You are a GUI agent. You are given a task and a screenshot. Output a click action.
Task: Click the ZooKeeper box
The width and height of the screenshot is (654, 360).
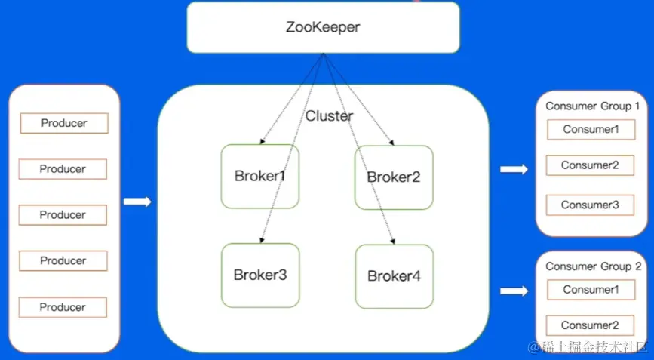point(323,27)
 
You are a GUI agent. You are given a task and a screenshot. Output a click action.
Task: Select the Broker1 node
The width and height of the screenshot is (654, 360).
point(259,177)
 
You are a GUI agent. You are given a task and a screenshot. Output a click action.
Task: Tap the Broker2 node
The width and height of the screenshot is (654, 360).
point(394,177)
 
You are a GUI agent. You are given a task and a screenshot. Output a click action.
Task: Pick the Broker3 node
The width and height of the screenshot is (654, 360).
point(259,275)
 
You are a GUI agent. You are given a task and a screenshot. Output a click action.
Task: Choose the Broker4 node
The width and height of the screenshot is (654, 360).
point(394,276)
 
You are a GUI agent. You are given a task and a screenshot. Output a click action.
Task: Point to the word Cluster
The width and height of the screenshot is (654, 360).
point(329,116)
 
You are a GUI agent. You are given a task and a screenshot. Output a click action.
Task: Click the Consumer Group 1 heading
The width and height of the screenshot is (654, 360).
point(592,106)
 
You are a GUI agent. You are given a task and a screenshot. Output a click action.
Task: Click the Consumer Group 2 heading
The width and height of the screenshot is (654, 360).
point(593,266)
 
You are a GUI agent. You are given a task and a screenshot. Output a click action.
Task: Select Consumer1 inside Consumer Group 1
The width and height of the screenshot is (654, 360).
point(591,129)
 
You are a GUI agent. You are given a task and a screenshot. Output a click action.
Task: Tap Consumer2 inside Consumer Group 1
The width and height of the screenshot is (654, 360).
point(590,165)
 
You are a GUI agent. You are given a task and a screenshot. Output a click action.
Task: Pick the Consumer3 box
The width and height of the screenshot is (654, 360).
point(590,205)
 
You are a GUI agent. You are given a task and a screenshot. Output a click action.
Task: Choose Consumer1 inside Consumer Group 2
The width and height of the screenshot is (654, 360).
point(591,290)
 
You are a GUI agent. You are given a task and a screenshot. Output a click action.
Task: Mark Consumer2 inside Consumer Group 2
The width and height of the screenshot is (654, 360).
point(590,325)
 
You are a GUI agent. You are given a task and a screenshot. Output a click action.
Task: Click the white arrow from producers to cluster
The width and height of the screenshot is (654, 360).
point(137,202)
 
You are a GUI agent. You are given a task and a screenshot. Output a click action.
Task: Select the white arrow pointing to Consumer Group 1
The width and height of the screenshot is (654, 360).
point(514,170)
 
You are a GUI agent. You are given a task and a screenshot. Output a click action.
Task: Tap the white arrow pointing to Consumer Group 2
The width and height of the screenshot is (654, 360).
point(514,291)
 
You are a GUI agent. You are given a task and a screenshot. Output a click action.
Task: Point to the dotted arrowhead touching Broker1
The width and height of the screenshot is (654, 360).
point(262,141)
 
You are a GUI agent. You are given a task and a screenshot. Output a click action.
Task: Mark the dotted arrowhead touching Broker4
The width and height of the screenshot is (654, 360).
point(394,241)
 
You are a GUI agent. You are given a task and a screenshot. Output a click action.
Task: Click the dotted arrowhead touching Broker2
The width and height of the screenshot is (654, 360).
point(390,141)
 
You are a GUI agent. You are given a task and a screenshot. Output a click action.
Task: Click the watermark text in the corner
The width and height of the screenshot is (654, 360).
point(588,347)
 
